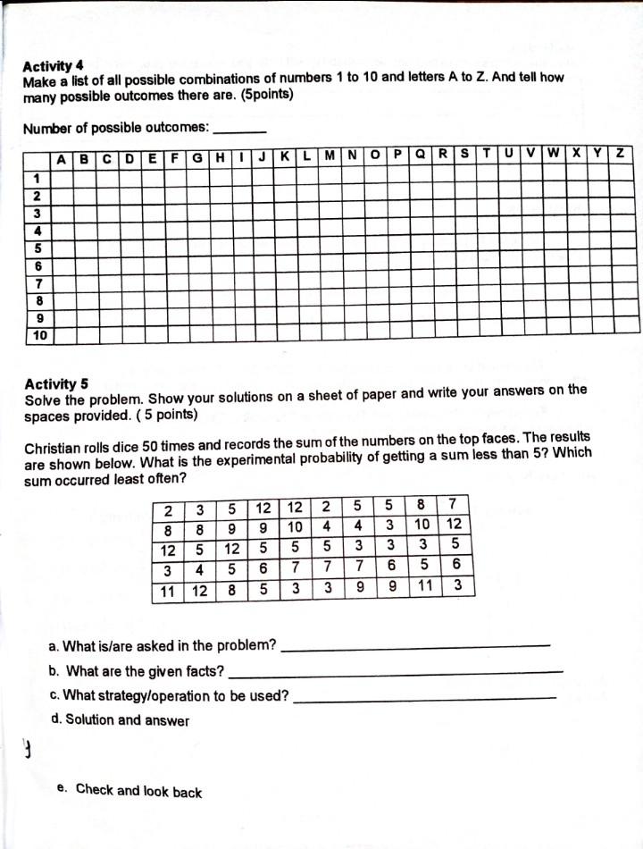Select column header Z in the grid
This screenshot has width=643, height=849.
[x=620, y=154]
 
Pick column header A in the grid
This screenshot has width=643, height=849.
[x=62, y=160]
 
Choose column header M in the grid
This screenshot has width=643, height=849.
[x=330, y=155]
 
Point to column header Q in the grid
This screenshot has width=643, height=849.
[x=420, y=154]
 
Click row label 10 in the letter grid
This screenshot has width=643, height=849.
[x=39, y=336]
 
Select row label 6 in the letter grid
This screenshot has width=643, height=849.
[x=38, y=265]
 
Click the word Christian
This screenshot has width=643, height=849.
[x=54, y=448]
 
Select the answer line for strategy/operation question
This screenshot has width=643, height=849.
[x=424, y=697]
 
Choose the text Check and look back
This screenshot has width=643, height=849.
[x=138, y=790]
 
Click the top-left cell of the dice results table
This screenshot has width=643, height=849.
[x=168, y=511]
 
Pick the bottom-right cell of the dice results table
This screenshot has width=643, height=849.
[x=456, y=586]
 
